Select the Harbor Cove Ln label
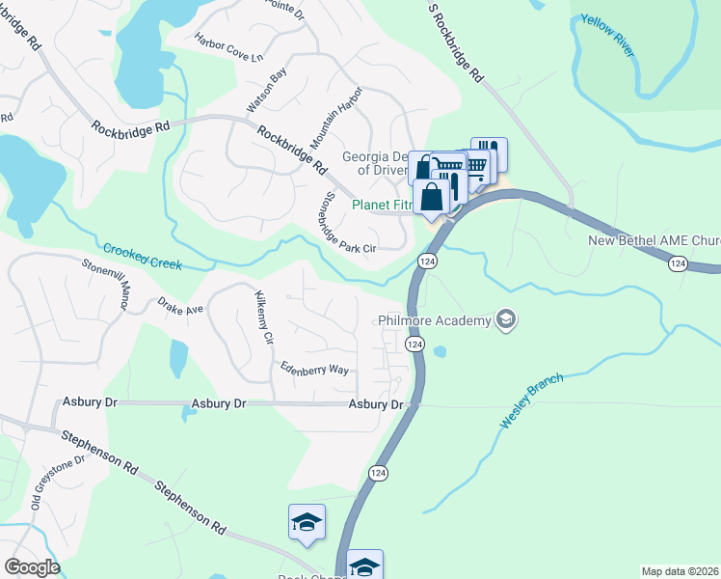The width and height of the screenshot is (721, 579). (x=228, y=46)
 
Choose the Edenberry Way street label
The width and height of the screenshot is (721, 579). (x=314, y=368)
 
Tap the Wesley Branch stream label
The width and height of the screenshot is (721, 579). (x=531, y=401)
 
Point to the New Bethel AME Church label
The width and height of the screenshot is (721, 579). (x=654, y=240)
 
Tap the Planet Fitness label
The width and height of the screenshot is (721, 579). (x=382, y=205)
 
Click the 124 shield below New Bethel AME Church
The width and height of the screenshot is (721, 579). (x=679, y=263)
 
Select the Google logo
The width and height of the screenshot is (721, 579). (x=31, y=567)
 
